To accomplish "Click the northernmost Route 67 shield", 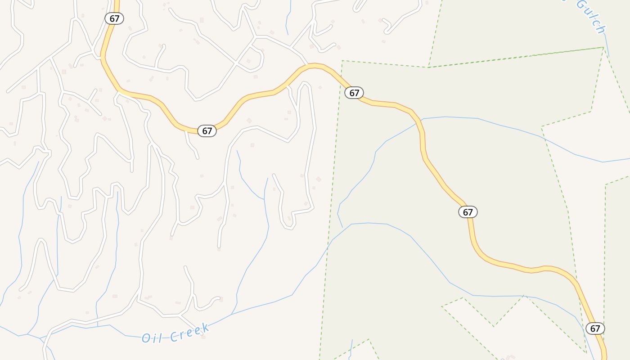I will (114, 18).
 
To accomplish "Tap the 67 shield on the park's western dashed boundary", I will (354, 93).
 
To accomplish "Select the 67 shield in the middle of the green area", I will (468, 212).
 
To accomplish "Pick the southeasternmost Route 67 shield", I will (595, 328).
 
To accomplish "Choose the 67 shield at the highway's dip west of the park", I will (207, 131).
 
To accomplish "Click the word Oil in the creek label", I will (152, 337).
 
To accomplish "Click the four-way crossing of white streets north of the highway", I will (236, 63).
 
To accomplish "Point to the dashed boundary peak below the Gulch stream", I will (603, 47).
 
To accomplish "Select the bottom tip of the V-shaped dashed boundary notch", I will (494, 326).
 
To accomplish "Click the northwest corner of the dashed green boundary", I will (342, 61).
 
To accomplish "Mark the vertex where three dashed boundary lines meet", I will (428, 67).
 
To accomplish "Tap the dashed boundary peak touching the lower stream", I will (524, 296).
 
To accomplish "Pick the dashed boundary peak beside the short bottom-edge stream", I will (369, 339).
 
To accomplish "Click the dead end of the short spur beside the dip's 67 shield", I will (198, 158).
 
